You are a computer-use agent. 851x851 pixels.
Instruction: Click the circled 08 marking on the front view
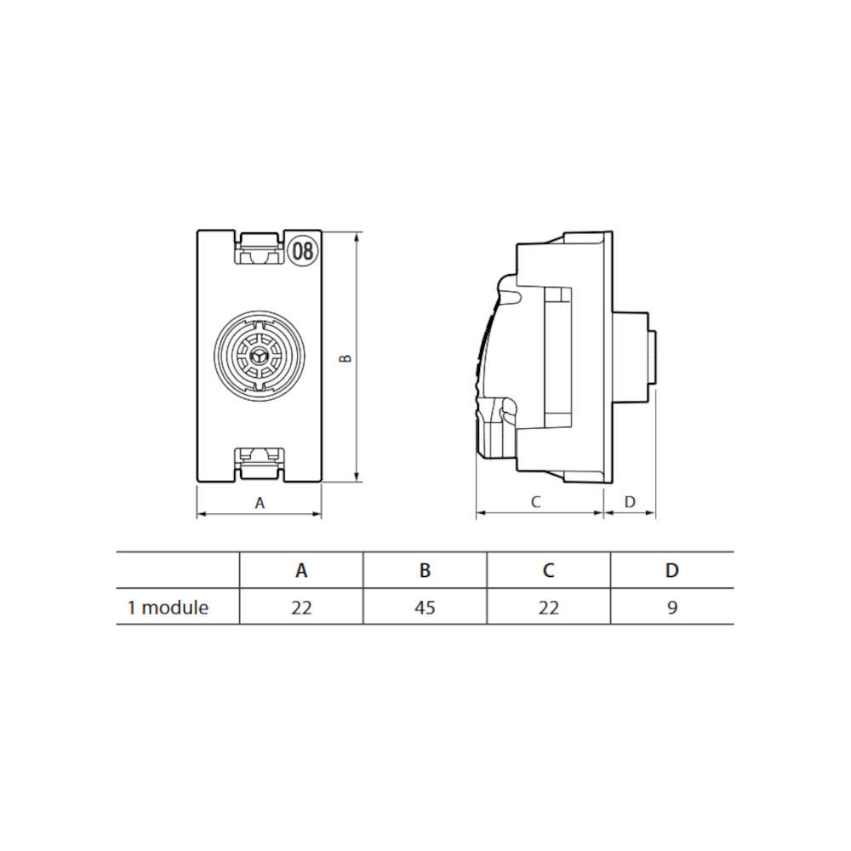click(303, 251)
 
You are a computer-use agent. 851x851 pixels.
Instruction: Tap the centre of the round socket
click(259, 356)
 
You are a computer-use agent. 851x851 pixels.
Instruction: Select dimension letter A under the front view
click(260, 503)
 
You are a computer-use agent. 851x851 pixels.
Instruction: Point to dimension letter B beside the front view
click(346, 358)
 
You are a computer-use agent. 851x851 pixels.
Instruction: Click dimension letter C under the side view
click(535, 502)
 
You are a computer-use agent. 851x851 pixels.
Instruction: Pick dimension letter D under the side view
click(630, 502)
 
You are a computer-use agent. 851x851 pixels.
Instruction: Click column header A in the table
click(301, 570)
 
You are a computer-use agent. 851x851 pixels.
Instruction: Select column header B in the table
click(425, 570)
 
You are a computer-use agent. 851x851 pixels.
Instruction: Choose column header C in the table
click(549, 570)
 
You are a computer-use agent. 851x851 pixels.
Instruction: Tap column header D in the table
click(672, 570)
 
